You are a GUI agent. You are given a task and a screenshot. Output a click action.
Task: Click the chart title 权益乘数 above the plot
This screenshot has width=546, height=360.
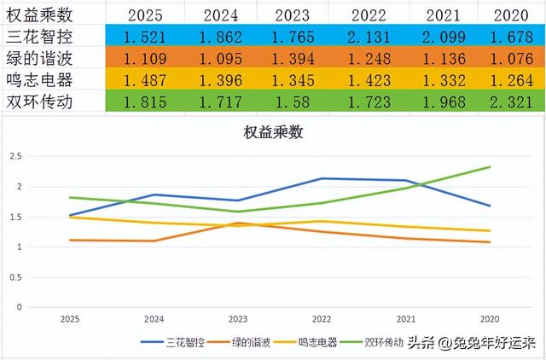click(272, 133)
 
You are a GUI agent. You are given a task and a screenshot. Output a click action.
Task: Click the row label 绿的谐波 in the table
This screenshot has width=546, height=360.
click(42, 58)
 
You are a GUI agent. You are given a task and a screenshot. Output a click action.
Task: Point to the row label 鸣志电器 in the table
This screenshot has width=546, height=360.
click(42, 79)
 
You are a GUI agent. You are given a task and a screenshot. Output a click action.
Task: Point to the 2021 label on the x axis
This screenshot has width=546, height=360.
click(406, 317)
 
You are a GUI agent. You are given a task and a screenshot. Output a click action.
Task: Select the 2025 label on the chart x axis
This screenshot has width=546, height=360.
click(70, 317)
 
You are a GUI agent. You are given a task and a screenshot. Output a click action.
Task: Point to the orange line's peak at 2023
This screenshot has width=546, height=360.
click(238, 223)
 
